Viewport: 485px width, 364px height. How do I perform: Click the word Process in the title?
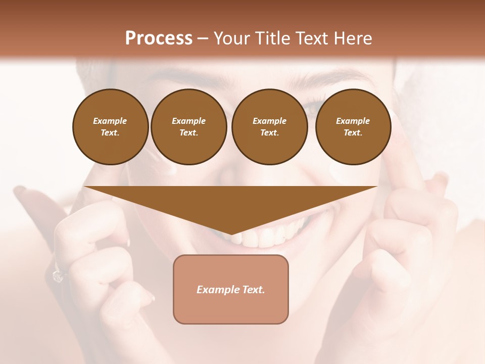pos(159,38)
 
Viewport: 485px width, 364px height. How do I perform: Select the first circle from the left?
pos(110,127)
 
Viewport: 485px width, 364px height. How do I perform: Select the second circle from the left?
pos(188,127)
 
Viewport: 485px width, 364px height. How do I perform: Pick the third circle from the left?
pos(269,127)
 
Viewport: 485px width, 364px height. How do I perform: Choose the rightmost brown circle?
pos(353,127)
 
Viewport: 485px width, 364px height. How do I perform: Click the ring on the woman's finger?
pos(57,276)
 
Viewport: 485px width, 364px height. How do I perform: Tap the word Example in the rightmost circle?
pos(353,121)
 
